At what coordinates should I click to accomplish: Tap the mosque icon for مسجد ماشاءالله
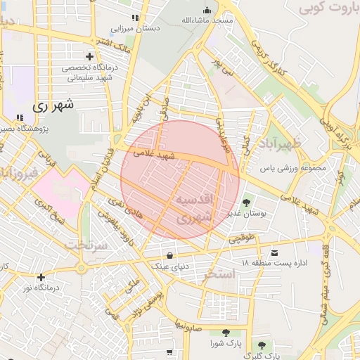(x=207, y=10)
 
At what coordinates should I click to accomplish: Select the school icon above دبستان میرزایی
(x=135, y=18)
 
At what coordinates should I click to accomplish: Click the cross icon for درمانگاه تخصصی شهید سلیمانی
(x=89, y=56)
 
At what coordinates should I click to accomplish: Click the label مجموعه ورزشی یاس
(x=288, y=169)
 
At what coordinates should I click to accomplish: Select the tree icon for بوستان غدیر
(x=245, y=203)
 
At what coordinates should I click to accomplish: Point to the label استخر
(x=217, y=275)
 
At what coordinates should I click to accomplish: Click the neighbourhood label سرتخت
(x=88, y=245)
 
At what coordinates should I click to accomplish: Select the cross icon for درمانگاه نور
(x=41, y=277)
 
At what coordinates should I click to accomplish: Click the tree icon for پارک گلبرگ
(x=262, y=345)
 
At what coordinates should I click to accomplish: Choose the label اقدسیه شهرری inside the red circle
(x=192, y=208)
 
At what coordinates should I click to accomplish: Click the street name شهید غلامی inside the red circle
(x=155, y=154)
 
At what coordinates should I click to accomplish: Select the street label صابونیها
(x=189, y=326)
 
